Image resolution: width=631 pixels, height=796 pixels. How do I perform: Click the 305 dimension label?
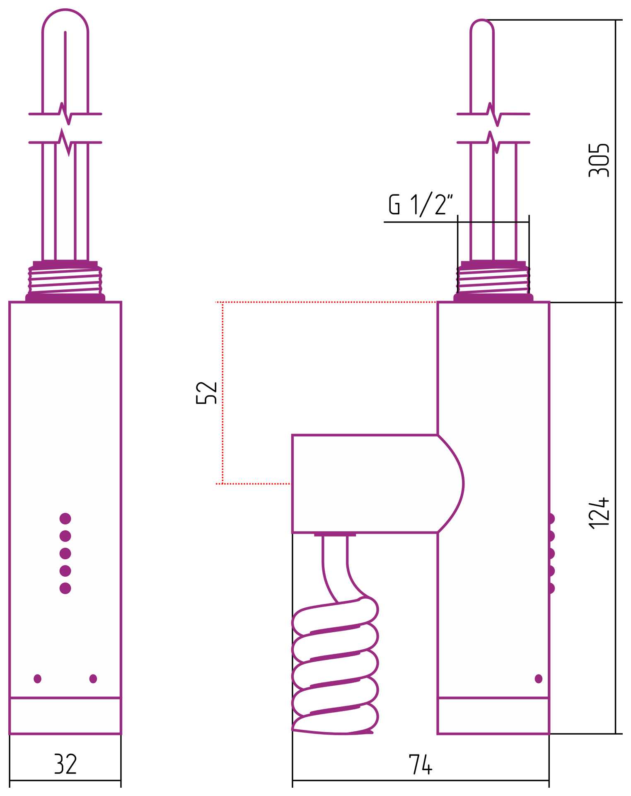coord(599,160)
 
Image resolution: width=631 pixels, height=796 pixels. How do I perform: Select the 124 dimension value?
coord(599,513)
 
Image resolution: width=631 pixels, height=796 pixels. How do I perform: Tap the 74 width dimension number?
coord(421,764)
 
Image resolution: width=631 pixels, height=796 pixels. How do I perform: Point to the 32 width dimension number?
coord(65,764)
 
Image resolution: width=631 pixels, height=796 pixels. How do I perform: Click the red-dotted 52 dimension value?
coord(206,392)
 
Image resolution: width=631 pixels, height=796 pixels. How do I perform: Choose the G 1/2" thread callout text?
coord(421,204)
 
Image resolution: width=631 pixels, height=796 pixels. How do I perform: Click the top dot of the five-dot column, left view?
coord(65,519)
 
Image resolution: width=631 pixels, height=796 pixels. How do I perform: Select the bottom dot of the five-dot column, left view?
coord(65,588)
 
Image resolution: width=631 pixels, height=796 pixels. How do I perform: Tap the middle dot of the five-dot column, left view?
coord(65,553)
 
